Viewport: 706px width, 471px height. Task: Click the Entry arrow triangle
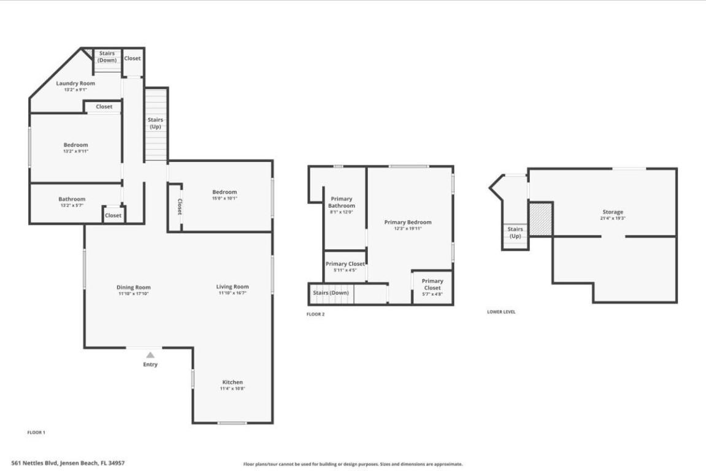coord(150,355)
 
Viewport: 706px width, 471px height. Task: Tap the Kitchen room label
coord(232,382)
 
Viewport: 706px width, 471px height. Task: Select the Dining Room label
coord(134,287)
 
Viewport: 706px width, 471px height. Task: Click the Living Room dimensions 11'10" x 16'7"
coord(232,293)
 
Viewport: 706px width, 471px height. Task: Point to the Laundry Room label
coord(75,83)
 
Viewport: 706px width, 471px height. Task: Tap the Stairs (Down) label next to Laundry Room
coord(107,56)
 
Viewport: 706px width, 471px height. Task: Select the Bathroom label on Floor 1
coord(72,199)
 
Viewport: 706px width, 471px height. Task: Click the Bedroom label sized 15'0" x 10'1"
coord(224,192)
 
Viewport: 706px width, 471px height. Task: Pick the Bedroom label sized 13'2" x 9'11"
coord(76,145)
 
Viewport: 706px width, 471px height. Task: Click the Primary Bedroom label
coord(408,222)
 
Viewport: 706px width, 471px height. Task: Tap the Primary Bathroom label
coord(342,202)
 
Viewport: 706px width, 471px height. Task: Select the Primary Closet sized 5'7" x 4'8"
coord(432,285)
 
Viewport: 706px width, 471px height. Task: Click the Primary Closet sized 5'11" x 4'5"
coord(345,264)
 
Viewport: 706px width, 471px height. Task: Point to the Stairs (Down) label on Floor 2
coord(331,293)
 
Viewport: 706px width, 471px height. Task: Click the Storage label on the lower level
coord(612,212)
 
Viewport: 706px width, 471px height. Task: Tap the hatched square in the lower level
coord(540,219)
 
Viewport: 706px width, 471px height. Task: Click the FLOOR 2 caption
coord(315,315)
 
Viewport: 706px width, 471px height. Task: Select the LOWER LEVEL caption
coord(501,312)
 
